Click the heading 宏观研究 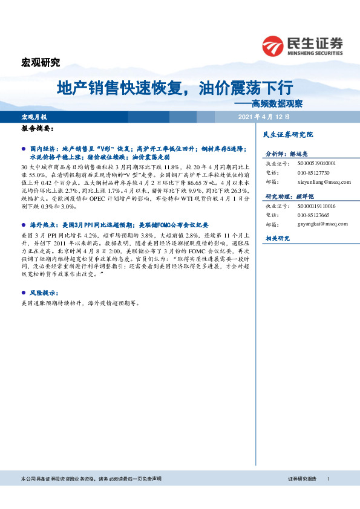pyautogui.click(x=41, y=62)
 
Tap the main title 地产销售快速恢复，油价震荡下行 pyautogui.click(x=175, y=88)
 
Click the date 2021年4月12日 pyautogui.click(x=264, y=117)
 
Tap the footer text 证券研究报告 pyautogui.click(x=302, y=479)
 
